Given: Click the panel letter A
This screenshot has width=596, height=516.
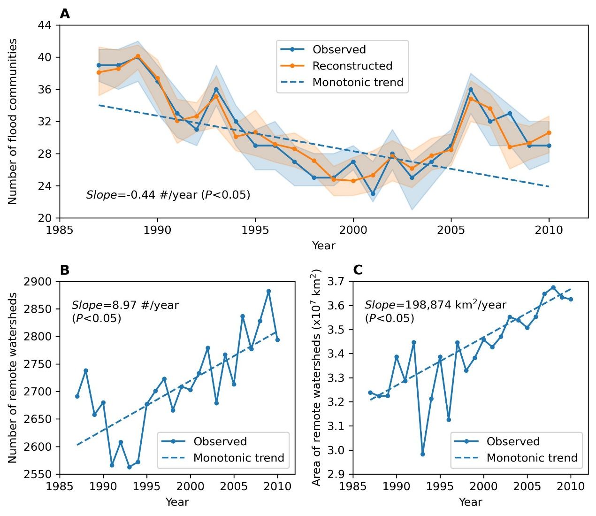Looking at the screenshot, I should click(x=65, y=14).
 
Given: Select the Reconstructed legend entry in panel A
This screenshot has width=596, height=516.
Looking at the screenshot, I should click(x=352, y=66).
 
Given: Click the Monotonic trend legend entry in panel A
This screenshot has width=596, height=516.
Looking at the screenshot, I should click(x=358, y=82).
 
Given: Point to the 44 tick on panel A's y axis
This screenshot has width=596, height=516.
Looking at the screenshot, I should click(x=48, y=25).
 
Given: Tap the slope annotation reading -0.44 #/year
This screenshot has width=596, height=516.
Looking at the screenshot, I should click(x=168, y=195).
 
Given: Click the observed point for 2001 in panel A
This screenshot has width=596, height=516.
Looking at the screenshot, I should click(x=373, y=193).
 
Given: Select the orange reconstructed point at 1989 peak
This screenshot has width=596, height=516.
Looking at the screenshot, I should click(x=138, y=56).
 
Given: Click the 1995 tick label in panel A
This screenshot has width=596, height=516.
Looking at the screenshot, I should click(x=255, y=230).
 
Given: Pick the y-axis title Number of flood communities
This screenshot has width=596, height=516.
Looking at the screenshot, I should click(x=13, y=121).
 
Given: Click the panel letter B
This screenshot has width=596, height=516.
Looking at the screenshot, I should click(x=65, y=270).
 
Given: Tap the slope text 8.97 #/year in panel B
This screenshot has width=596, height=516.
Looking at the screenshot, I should click(x=125, y=305).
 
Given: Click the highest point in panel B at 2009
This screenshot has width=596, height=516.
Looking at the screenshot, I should click(x=268, y=291).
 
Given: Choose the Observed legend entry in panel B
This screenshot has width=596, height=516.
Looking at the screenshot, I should click(x=220, y=441).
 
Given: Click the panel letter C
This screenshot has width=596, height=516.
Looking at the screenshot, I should click(x=358, y=270).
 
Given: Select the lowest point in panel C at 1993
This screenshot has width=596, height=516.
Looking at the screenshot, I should click(x=423, y=454).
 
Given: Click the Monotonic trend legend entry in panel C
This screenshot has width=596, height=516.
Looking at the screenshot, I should click(x=531, y=458).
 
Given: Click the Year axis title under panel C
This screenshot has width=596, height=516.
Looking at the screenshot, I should click(x=470, y=502).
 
